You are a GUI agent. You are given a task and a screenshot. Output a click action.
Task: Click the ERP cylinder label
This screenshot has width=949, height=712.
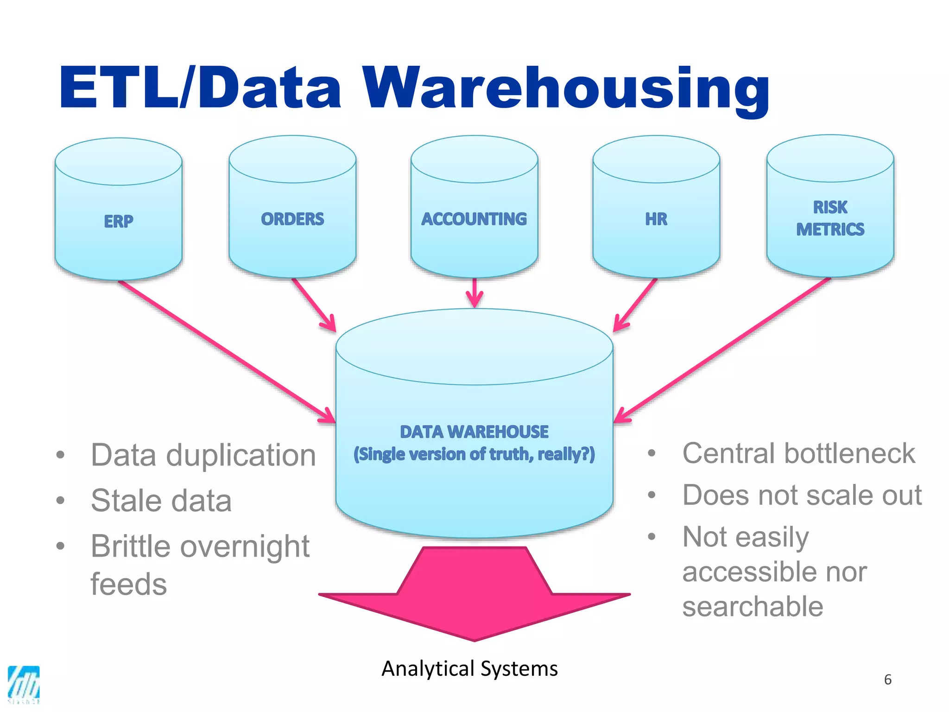click(x=119, y=221)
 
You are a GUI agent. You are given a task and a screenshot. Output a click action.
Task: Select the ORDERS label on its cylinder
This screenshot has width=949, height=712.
click(x=292, y=219)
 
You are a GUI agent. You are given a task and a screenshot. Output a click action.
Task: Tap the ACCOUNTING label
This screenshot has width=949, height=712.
click(x=474, y=219)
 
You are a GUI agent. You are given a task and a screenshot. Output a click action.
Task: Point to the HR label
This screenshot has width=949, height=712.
click(x=656, y=219)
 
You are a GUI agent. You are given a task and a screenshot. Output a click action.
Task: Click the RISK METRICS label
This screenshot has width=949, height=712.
click(x=830, y=218)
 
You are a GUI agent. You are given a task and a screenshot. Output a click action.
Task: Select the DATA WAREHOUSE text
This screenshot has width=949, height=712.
click(x=474, y=432)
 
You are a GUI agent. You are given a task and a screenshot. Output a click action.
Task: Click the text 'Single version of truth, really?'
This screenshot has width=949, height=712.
click(x=474, y=454)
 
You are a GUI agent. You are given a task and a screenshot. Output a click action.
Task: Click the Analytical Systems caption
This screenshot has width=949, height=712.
click(x=469, y=668)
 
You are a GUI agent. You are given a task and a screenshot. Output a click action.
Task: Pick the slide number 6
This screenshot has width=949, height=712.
click(x=887, y=680)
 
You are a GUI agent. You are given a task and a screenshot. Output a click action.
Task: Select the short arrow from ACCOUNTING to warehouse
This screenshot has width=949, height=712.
click(x=474, y=292)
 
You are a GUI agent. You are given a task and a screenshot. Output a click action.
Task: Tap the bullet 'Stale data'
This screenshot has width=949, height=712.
click(x=161, y=501)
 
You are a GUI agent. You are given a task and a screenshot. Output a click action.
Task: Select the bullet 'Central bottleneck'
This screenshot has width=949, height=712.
click(x=798, y=453)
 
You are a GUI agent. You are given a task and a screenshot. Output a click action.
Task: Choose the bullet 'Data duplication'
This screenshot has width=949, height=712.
click(x=203, y=455)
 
